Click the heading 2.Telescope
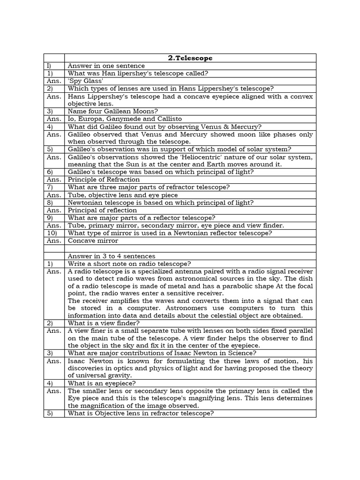(190, 58)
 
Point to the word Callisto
(167, 119)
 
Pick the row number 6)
(50, 172)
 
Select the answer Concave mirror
(93, 241)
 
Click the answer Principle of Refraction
(104, 180)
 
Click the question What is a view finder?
(104, 323)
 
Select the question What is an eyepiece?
(102, 383)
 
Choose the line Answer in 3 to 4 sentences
(112, 256)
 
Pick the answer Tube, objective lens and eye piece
(123, 195)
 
